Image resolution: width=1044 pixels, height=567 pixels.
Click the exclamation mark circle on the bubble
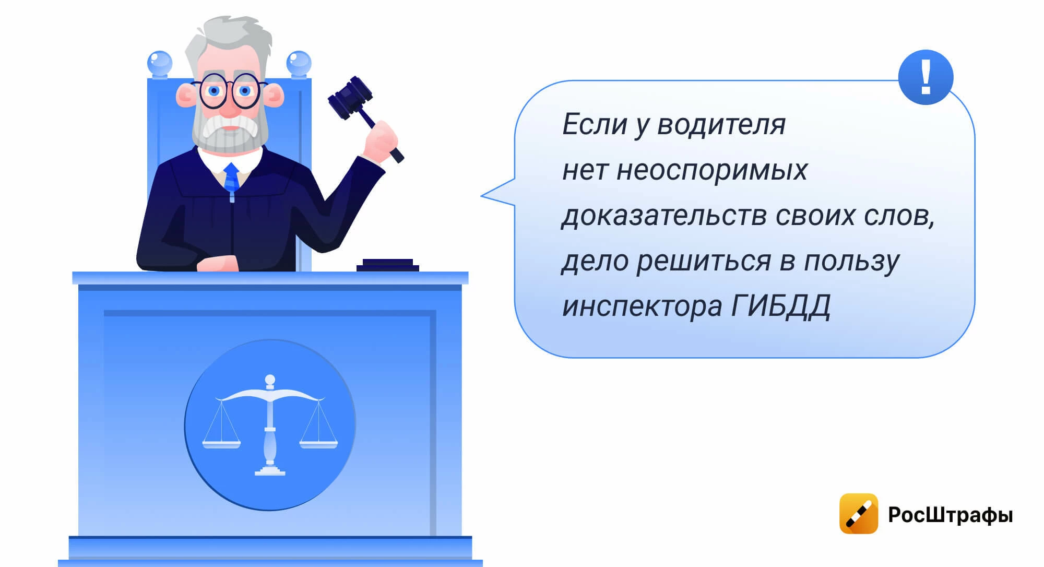point(926,77)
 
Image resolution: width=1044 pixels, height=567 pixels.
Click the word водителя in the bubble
point(721,125)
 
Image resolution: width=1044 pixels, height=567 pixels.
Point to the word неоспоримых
point(711,171)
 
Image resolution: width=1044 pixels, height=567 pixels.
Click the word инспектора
point(642,307)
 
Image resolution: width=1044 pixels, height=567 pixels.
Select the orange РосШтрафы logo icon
point(859,514)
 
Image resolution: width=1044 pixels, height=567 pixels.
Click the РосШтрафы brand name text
point(951,515)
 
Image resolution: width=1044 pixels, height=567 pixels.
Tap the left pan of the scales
point(221,444)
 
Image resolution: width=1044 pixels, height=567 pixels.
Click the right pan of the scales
point(318,444)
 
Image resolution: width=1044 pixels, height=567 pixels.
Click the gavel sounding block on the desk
point(388,265)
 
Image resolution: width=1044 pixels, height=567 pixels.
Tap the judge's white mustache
point(230,125)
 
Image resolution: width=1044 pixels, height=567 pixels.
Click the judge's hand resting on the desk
point(218,264)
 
